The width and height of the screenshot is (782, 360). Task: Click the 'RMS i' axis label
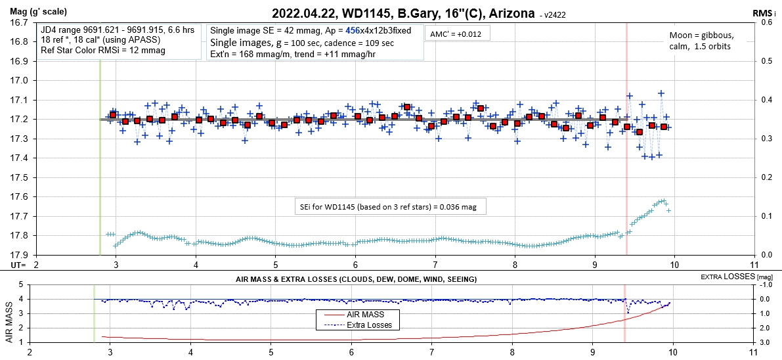[x=765, y=12]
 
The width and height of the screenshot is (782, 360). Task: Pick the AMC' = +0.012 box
[x=456, y=34]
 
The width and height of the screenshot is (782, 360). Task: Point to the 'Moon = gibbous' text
[x=701, y=35]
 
